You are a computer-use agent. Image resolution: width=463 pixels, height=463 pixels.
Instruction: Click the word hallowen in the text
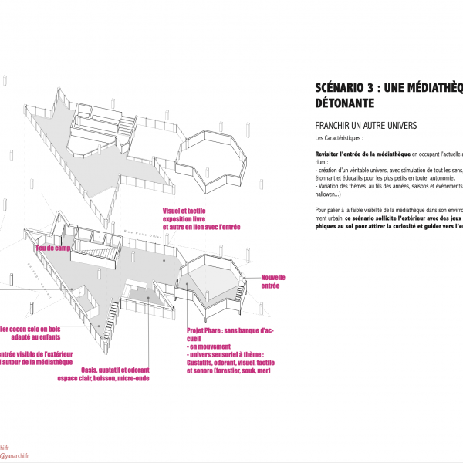[x=330, y=194]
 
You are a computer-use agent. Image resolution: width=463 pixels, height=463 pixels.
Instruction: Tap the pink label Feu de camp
[x=53, y=248]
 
